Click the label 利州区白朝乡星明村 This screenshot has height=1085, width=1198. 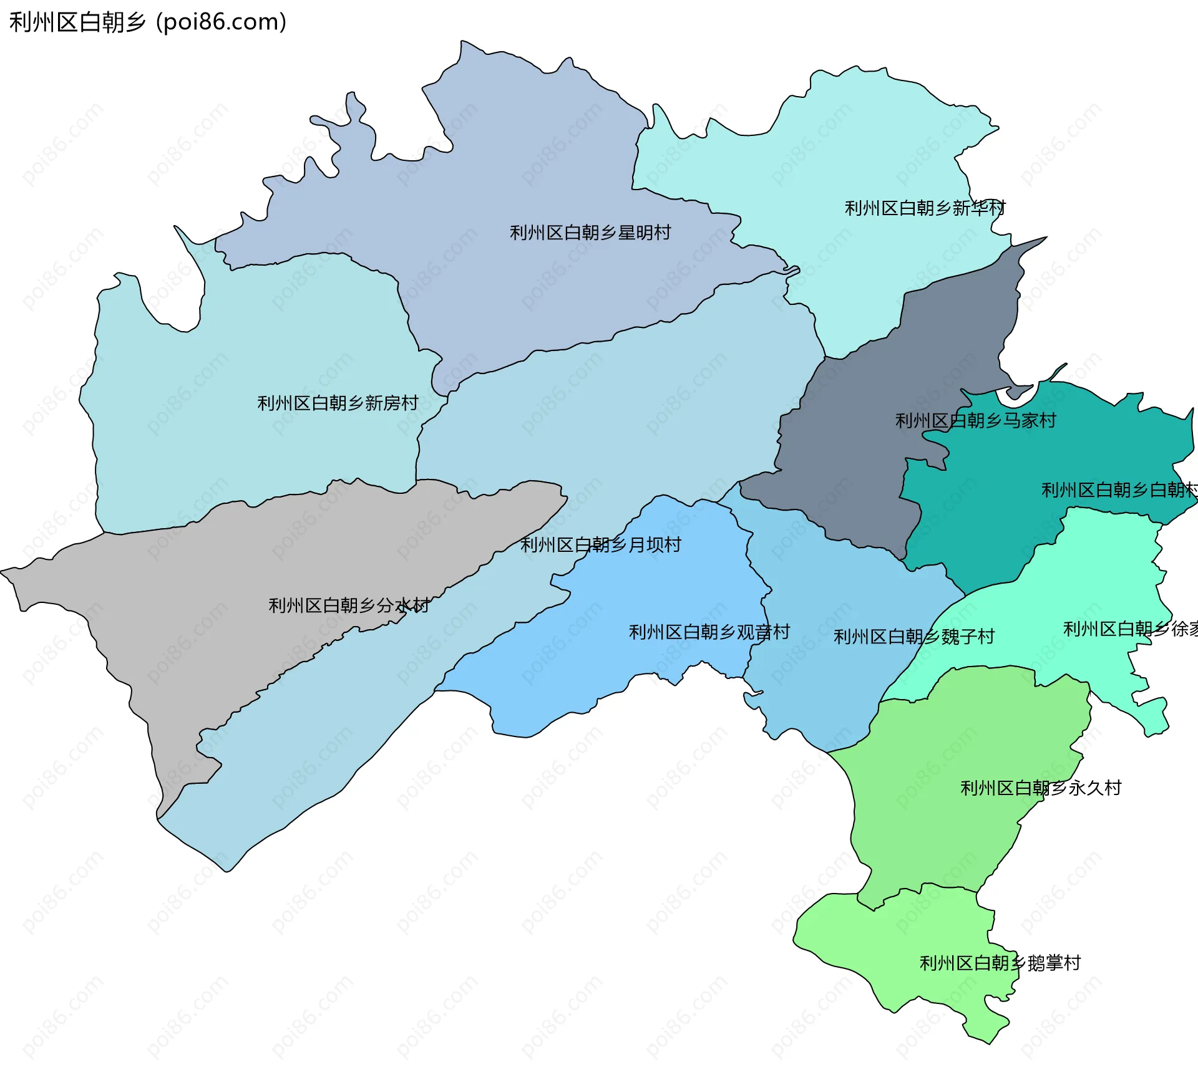[x=590, y=233]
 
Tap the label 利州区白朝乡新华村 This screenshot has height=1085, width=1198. [x=925, y=208]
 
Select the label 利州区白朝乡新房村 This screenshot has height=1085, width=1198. [x=338, y=403]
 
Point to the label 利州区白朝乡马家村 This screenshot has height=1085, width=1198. [x=975, y=420]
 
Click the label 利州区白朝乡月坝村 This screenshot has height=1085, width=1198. [x=601, y=544]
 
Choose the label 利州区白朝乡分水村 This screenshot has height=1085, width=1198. [x=349, y=605]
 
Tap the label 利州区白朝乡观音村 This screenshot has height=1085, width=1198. [x=709, y=632]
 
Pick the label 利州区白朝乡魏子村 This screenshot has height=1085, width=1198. [x=913, y=636]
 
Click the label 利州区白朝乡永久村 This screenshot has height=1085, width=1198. [x=1040, y=788]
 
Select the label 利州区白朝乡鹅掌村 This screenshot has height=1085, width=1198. [x=1000, y=963]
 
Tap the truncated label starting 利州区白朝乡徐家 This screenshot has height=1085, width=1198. [x=1130, y=629]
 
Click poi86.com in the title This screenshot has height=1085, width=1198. [x=221, y=22]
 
